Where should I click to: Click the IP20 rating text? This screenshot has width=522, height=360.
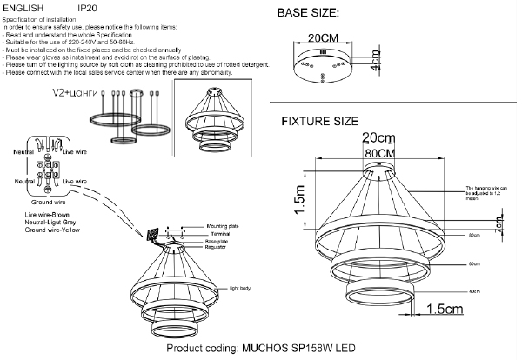click(x=87, y=7)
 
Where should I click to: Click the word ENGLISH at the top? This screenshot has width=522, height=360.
click(x=23, y=7)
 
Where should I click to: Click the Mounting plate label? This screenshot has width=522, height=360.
click(x=221, y=225)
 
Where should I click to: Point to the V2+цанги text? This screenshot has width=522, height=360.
click(x=74, y=91)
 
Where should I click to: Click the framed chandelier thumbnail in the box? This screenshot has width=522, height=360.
click(x=213, y=119)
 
